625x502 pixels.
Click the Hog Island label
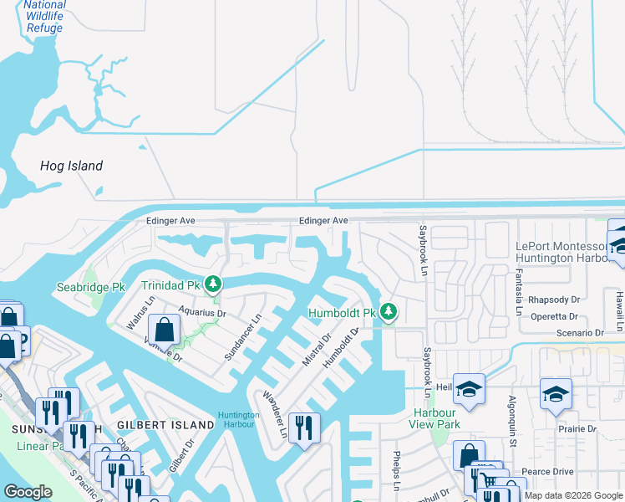coord(72,166)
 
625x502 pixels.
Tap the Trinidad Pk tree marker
coord(214,284)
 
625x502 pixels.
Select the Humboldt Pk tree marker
coord(389,312)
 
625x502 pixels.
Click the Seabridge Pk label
coord(90,287)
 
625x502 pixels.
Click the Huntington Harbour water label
coord(238,419)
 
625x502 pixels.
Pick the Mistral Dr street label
coord(316,348)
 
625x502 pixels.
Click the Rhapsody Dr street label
coord(553,300)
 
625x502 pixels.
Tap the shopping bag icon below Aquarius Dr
coord(165,330)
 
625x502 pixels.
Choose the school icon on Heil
coord(470,389)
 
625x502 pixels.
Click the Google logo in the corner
coord(28,491)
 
